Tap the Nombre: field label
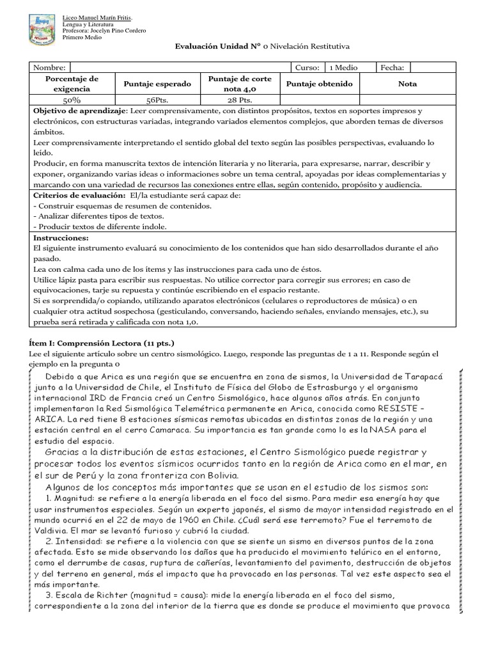49,68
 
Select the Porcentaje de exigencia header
72,84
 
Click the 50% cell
72,100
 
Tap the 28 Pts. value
240,100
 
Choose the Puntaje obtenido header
319,84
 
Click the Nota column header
407,84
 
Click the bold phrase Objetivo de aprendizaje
80,111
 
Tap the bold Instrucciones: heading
60,237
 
